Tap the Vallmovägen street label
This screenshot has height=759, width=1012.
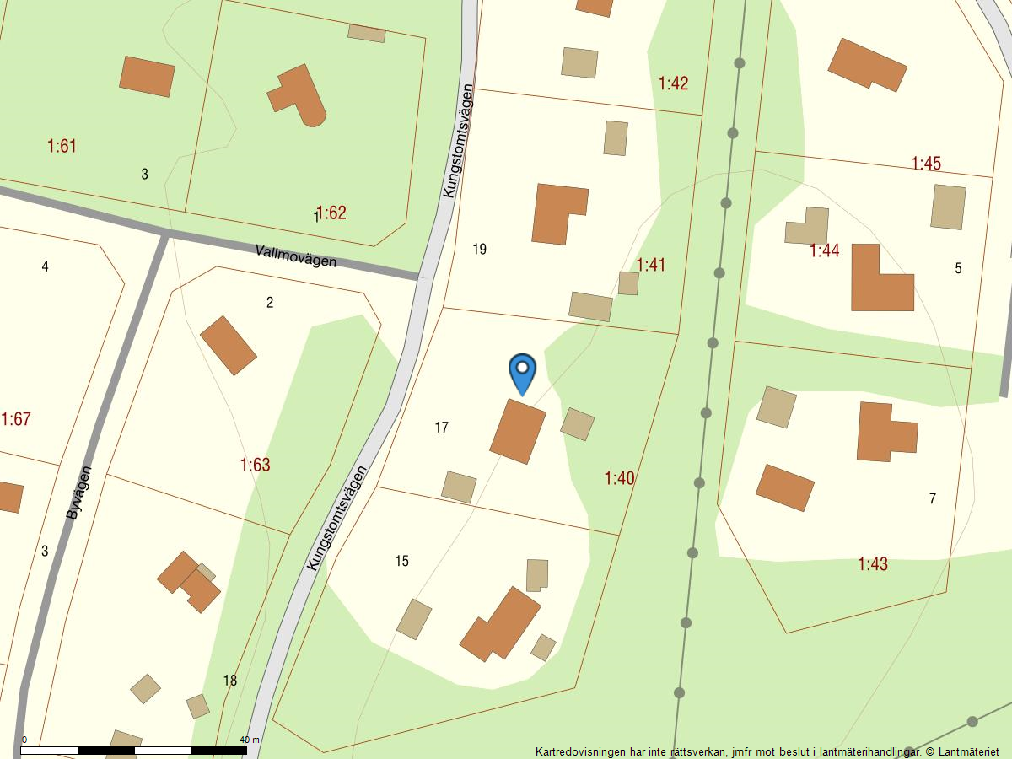(295, 256)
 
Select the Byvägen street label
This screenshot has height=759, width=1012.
(78, 493)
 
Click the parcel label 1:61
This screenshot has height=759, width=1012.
(62, 146)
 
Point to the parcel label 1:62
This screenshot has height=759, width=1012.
(331, 213)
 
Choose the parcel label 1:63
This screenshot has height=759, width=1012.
(255, 465)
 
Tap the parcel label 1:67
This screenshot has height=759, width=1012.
(16, 419)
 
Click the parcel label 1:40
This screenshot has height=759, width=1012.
(619, 478)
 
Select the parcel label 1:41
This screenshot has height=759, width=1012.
(650, 265)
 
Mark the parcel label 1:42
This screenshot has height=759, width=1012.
(673, 83)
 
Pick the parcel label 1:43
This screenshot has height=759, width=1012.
(873, 563)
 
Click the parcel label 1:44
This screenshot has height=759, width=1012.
(824, 250)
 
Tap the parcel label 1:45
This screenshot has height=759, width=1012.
(926, 163)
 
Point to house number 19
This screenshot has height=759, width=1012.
(480, 249)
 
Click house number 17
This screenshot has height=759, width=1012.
(441, 428)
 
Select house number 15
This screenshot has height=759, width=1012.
(401, 561)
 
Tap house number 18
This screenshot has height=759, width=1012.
(230, 681)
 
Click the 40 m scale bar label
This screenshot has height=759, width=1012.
(250, 740)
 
